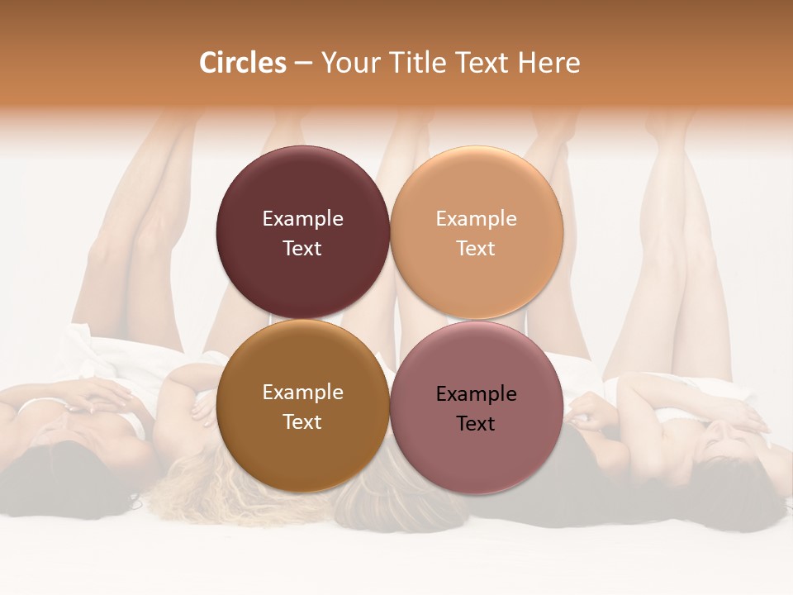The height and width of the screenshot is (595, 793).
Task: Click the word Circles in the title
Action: point(242,63)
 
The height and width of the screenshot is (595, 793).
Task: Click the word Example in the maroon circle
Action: point(302,219)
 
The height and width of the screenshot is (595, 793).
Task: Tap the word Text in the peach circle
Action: point(476,249)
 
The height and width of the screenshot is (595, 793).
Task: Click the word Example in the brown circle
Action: point(302,393)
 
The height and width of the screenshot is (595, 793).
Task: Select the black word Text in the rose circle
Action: point(476,424)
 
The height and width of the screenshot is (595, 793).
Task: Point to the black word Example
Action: point(477,394)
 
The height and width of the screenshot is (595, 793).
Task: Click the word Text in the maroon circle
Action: point(302,249)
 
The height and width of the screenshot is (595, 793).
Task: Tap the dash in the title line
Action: point(303,64)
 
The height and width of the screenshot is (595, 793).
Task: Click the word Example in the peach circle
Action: point(477,219)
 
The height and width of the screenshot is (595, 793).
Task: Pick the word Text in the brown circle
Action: point(302,422)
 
